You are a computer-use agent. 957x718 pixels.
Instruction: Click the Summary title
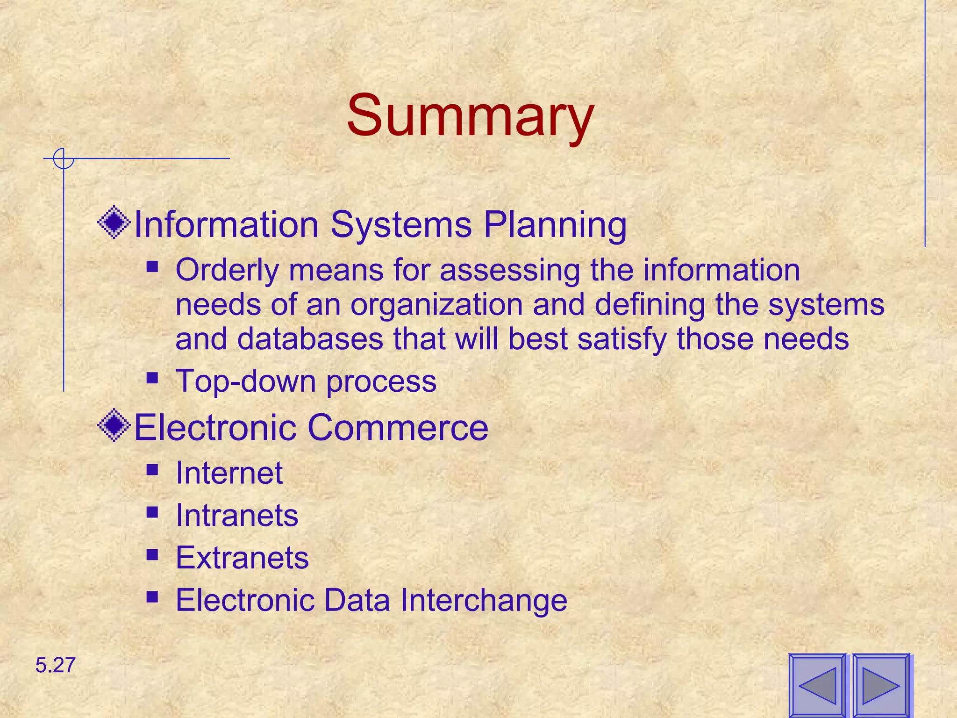(x=470, y=115)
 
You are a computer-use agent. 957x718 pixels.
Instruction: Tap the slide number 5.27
(x=55, y=665)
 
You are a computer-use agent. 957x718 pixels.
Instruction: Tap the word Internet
(x=229, y=473)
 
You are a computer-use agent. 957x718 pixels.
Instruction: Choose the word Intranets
(x=237, y=516)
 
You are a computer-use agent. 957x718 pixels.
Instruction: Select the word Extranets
(x=242, y=558)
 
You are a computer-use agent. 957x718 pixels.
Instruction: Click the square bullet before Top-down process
(x=152, y=377)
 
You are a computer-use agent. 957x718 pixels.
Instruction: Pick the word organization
(x=436, y=305)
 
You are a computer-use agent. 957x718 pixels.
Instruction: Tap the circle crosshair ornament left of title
(x=63, y=158)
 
